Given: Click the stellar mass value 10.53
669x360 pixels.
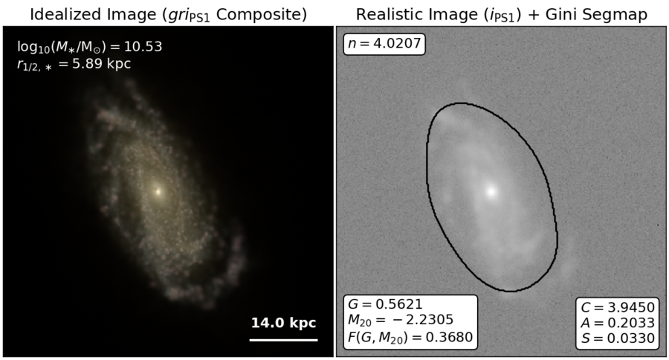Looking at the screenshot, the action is pos(143,47).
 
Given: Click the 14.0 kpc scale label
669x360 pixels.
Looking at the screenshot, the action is pos(284,322).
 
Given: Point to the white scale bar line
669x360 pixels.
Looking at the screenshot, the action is pos(284,340).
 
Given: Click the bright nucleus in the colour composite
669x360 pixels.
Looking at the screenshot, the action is pos(158,192).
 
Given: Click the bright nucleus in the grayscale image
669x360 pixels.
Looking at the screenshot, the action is pos(491,192).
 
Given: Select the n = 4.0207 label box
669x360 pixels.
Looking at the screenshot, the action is pos(384,44).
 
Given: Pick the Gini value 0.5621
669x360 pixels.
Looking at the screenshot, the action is pos(399,304).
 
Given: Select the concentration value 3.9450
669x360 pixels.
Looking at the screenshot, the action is pos(631,307).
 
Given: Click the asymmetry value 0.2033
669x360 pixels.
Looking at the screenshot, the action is pos(630,322).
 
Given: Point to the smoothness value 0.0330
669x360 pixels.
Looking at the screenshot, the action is pos(630,338).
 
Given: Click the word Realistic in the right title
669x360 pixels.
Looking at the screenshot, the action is pos(386,15).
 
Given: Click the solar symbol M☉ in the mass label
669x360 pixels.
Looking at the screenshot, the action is pos(94,48).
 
